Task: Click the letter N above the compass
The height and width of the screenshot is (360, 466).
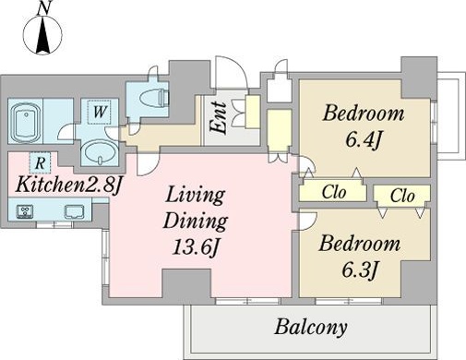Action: pyautogui.click(x=43, y=8)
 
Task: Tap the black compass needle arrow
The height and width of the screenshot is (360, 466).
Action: pyautogui.click(x=43, y=35)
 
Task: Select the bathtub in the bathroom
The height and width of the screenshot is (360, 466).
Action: pyautogui.click(x=26, y=121)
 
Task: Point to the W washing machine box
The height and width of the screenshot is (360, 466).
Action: pyautogui.click(x=99, y=112)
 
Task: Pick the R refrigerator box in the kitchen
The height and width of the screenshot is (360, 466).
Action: pyautogui.click(x=40, y=163)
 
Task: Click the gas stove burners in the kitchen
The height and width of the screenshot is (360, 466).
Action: pyautogui.click(x=25, y=211)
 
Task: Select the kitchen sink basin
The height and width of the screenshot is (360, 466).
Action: pyautogui.click(x=74, y=211)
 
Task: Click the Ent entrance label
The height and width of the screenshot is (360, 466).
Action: pyautogui.click(x=218, y=118)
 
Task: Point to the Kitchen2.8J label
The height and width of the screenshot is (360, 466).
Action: pyautogui.click(x=67, y=186)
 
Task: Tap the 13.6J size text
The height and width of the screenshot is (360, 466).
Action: pyautogui.click(x=196, y=247)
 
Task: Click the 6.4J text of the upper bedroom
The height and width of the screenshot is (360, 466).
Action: pyautogui.click(x=364, y=140)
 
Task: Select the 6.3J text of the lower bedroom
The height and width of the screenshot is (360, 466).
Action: pyautogui.click(x=359, y=270)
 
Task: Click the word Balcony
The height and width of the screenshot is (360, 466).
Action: pyautogui.click(x=311, y=328)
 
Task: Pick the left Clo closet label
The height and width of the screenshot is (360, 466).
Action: pyautogui.click(x=334, y=192)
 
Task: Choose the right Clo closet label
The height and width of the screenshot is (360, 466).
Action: pyautogui.click(x=402, y=195)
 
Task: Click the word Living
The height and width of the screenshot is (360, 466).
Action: pyautogui.click(x=196, y=197)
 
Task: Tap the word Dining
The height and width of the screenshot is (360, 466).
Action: pyautogui.click(x=196, y=222)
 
